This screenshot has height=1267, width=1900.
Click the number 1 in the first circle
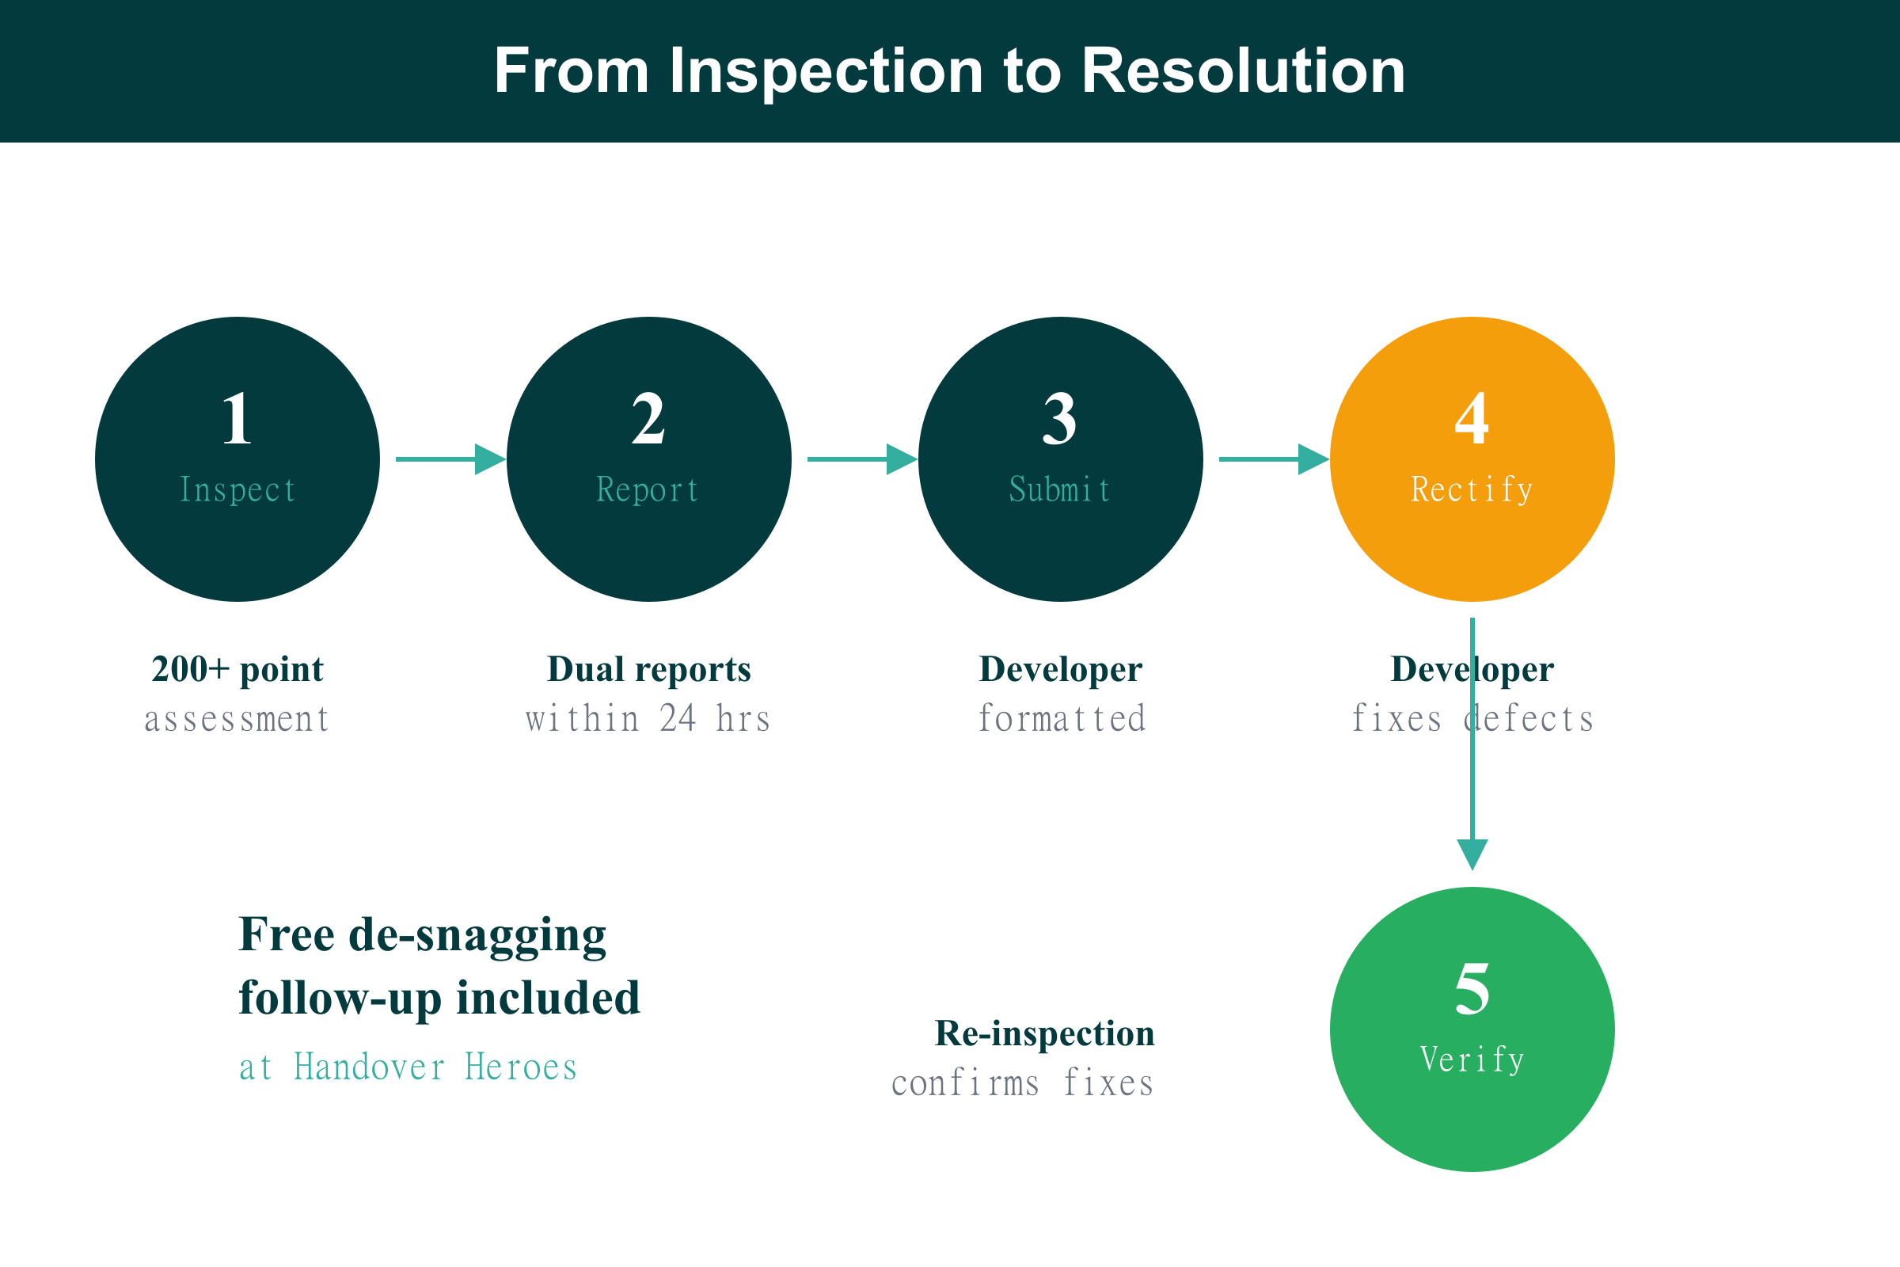click(x=237, y=419)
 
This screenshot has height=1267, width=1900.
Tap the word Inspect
click(x=237, y=489)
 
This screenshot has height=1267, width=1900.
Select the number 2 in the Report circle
click(x=648, y=419)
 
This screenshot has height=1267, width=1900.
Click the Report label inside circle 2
click(x=648, y=489)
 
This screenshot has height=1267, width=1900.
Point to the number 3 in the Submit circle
click(x=1059, y=419)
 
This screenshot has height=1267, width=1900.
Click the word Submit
click(x=1060, y=489)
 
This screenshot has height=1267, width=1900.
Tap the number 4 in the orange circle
click(x=1471, y=419)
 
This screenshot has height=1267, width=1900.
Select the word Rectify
click(x=1472, y=489)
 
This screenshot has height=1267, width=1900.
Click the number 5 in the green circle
click(x=1471, y=989)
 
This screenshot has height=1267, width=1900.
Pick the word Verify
click(x=1472, y=1060)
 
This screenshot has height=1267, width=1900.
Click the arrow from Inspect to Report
click(x=450, y=459)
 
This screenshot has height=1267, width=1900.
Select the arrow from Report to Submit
click(x=862, y=459)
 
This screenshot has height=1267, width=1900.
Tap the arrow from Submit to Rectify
click(x=1273, y=459)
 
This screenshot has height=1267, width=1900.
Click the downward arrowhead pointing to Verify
click(x=1472, y=854)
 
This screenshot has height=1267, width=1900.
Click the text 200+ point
click(x=237, y=669)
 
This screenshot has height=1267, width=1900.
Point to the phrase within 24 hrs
click(x=648, y=718)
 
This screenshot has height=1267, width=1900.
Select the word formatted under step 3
click(x=1062, y=718)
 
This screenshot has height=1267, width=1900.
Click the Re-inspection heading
click(x=1044, y=1033)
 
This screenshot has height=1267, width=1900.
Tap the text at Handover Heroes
click(x=408, y=1067)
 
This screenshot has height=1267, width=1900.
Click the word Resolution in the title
click(x=1242, y=71)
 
